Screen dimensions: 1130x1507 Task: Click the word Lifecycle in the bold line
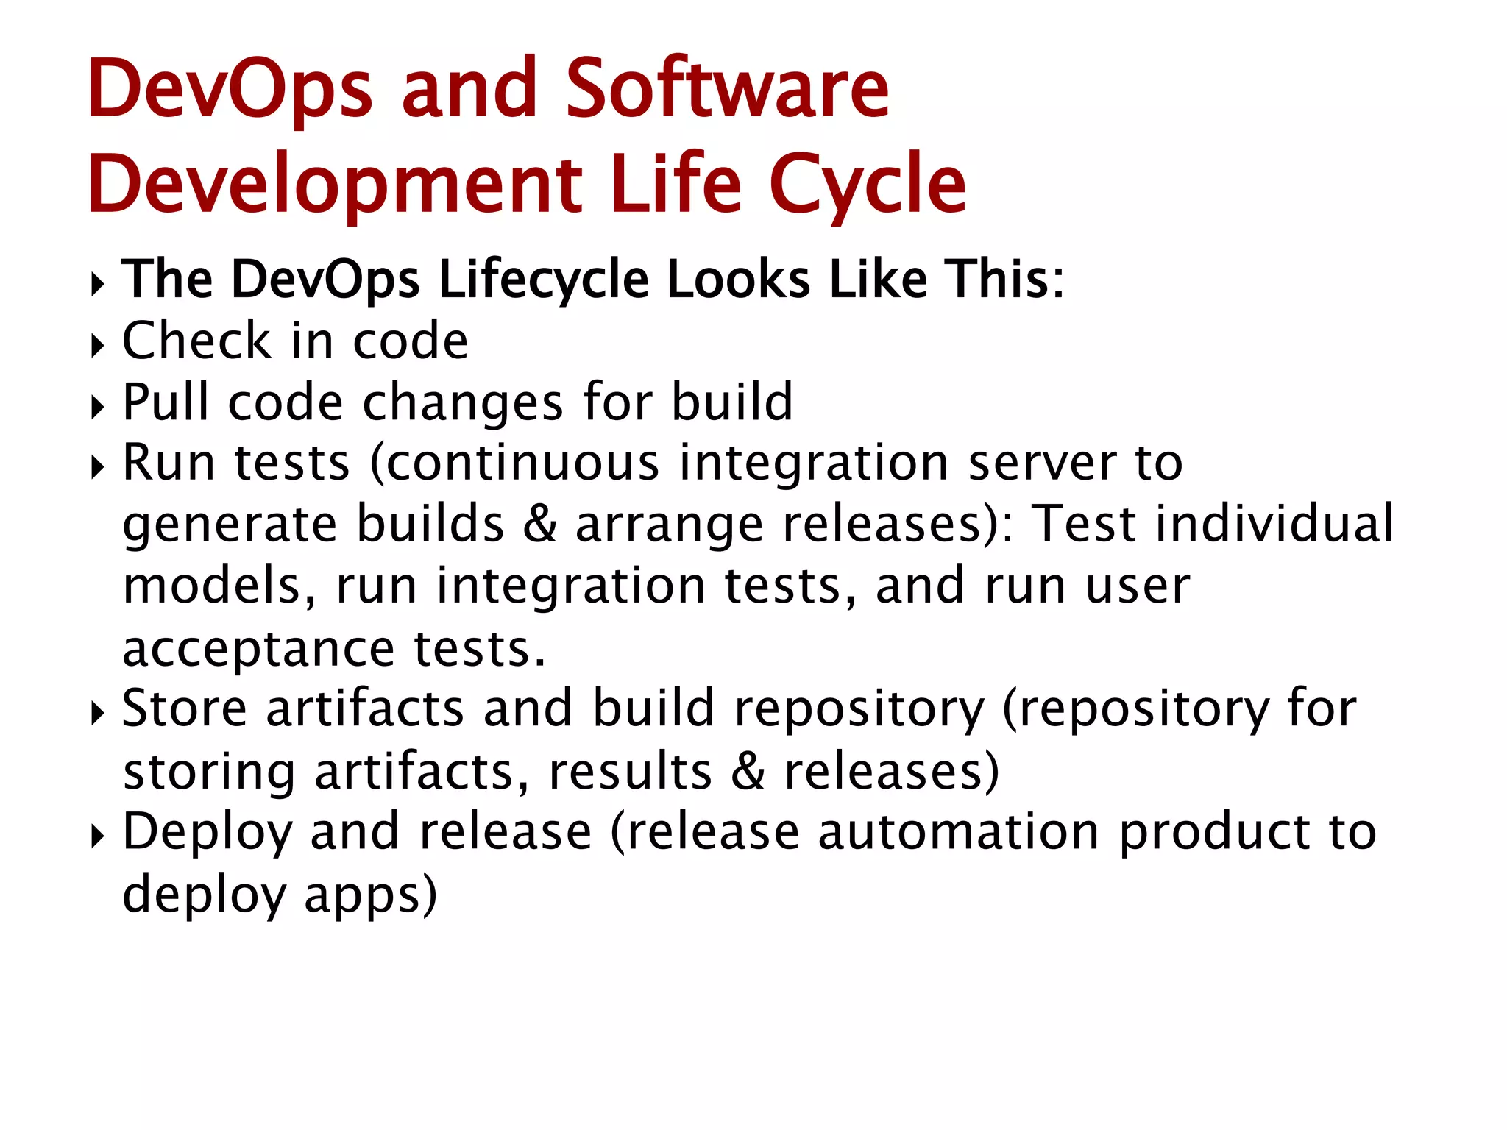click(544, 280)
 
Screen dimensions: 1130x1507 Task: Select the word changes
click(463, 403)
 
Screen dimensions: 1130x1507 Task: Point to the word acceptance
click(258, 649)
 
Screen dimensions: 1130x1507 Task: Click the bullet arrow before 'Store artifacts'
click(97, 712)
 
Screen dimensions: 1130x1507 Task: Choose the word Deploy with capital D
click(207, 834)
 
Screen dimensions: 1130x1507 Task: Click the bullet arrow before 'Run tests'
click(97, 466)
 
